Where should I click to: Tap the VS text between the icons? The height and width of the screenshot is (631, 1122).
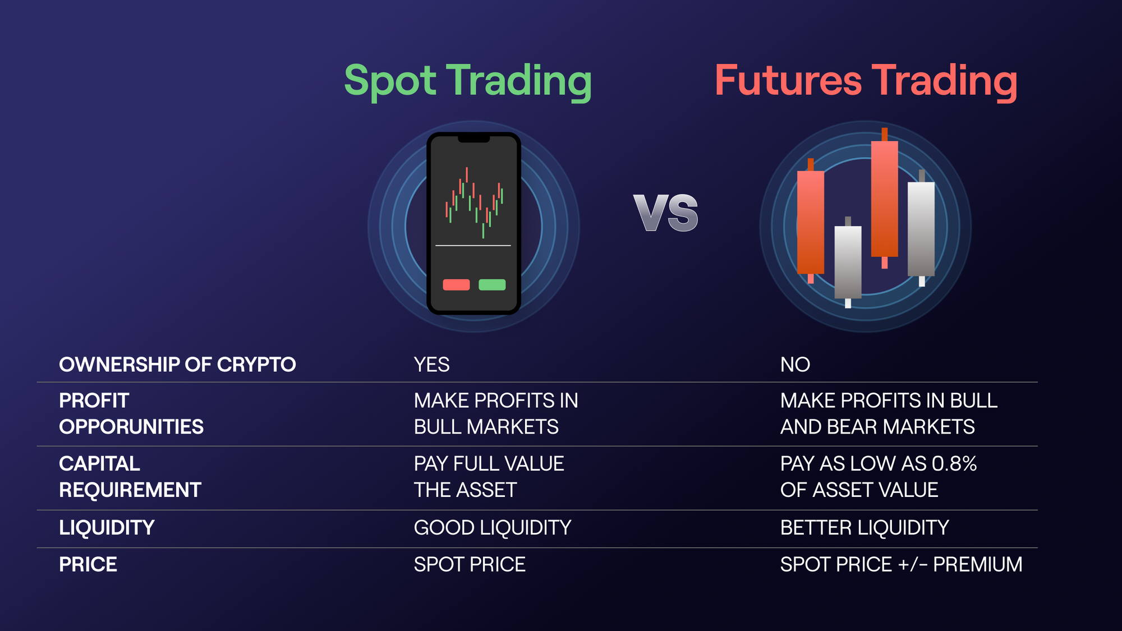(666, 213)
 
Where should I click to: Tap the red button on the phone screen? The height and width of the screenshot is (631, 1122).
(456, 285)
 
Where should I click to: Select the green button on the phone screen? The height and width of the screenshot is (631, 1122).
(492, 285)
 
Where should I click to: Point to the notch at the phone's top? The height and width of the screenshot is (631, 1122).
(473, 139)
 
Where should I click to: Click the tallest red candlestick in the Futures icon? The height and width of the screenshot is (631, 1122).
(884, 199)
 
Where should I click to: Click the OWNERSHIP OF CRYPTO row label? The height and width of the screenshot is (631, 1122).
(177, 365)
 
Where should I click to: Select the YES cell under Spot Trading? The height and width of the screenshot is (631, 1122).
(431, 365)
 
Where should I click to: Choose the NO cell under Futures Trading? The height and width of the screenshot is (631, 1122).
(795, 365)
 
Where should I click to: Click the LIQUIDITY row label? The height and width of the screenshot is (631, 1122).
(107, 528)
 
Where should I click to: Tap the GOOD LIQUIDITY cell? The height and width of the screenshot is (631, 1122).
(492, 528)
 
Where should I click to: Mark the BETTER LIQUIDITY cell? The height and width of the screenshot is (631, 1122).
(864, 528)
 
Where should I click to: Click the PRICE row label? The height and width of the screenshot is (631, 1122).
(88, 564)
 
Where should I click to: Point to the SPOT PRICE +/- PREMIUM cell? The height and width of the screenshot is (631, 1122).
(901, 564)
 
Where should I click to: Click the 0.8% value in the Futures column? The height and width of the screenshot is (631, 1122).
(954, 464)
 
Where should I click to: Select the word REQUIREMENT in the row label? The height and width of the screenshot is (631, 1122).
(130, 490)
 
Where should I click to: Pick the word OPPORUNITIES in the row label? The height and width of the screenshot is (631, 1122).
(131, 427)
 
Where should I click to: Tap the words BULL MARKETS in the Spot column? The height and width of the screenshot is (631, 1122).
(486, 427)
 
